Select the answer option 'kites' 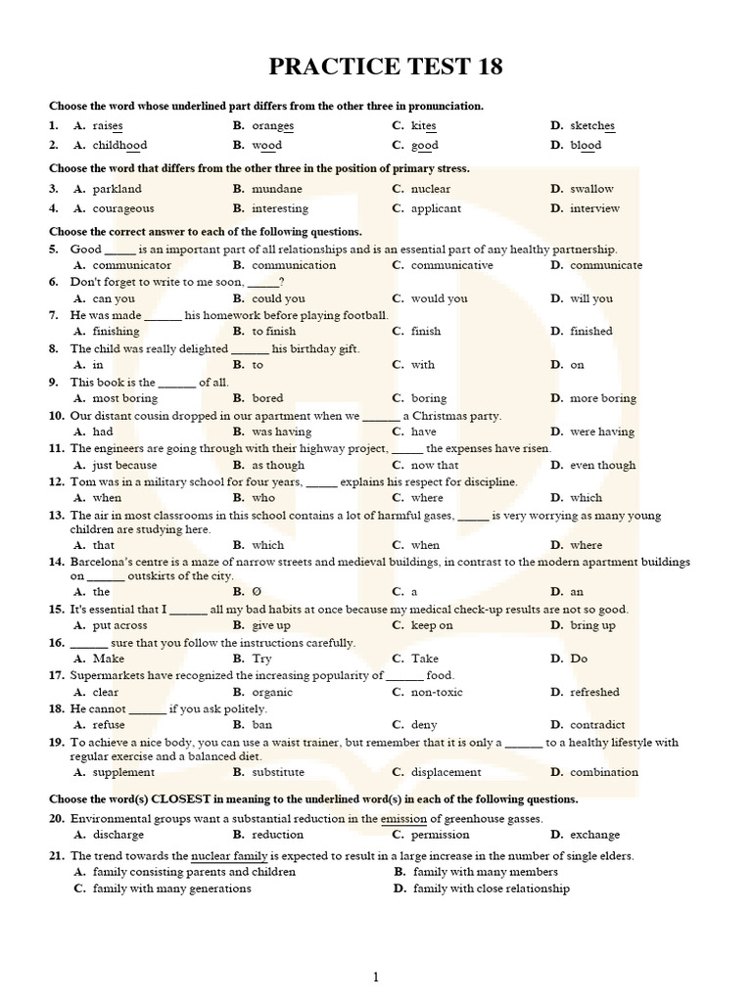(423, 126)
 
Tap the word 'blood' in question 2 (586, 146)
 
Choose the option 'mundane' (277, 189)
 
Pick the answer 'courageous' (123, 208)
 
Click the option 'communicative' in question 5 (451, 265)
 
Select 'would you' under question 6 (439, 298)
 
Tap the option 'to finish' (273, 332)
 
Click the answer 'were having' (602, 432)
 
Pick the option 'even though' (602, 466)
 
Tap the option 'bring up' (592, 625)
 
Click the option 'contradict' (597, 725)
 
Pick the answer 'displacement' (446, 772)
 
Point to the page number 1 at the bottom (375, 977)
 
